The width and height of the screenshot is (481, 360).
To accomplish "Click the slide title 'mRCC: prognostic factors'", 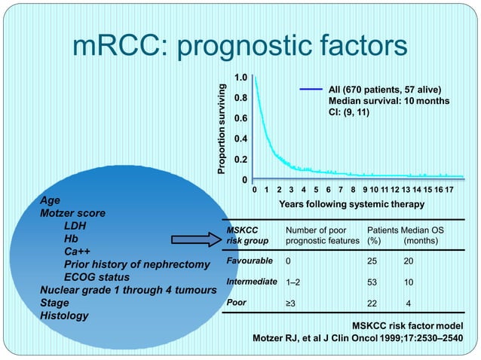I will [240, 46].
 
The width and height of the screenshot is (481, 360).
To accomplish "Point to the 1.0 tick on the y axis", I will [240, 78].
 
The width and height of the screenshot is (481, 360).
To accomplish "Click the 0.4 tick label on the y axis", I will [240, 139].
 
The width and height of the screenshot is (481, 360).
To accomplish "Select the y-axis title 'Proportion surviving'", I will [222, 129].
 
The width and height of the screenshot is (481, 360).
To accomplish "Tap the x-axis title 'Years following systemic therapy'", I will [351, 204].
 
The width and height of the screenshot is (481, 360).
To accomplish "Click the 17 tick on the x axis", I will [449, 190].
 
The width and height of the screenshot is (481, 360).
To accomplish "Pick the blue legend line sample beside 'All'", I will [311, 90].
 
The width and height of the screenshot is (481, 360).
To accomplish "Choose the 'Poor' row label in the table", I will [237, 303].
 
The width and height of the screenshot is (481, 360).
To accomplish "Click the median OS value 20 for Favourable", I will [408, 261].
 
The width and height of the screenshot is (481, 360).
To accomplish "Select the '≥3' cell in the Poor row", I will [291, 304].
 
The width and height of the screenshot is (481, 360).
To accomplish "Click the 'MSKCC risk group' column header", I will [244, 234].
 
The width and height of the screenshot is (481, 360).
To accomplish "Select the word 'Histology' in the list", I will [63, 316].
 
